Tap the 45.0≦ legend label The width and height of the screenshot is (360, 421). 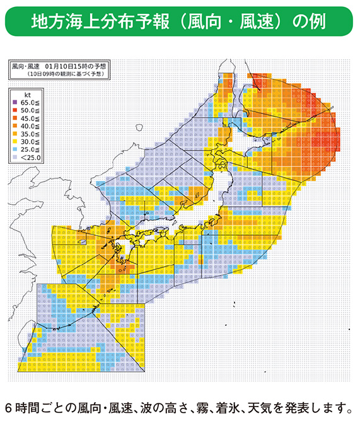click(x=29, y=118)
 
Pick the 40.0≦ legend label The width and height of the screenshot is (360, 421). click(x=29, y=127)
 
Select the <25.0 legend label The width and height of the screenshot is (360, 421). click(x=29, y=159)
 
